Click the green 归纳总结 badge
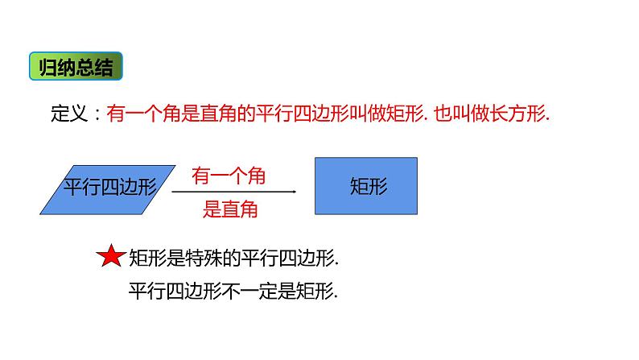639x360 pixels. pyautogui.click(x=76, y=68)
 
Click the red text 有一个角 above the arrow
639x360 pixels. pyautogui.click(x=229, y=175)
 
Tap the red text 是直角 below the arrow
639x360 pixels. pyautogui.click(x=229, y=209)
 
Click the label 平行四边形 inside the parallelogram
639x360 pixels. pyautogui.click(x=107, y=187)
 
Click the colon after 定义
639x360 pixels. pyautogui.click(x=91, y=116)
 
